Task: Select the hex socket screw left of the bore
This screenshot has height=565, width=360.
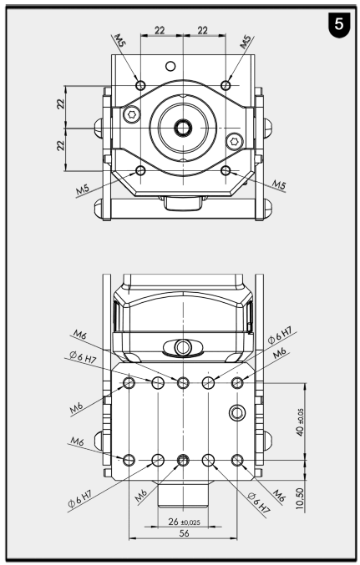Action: tap(131, 114)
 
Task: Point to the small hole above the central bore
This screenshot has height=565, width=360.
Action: tap(172, 66)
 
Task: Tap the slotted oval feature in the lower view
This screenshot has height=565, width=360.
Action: tap(183, 346)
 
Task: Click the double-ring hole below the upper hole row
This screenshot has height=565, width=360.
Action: tap(236, 411)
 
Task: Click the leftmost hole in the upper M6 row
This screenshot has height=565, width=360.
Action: tap(129, 382)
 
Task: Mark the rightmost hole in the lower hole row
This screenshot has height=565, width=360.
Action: tap(238, 460)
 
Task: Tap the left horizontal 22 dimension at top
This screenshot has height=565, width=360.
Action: tap(160, 29)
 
